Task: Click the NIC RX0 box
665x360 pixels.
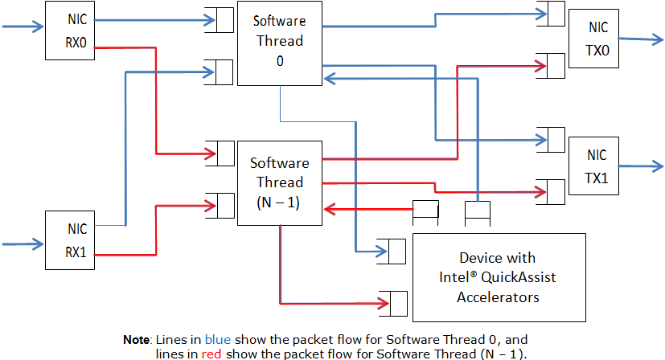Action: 70,30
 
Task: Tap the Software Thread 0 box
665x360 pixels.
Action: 279,42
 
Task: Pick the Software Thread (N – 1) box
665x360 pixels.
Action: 279,182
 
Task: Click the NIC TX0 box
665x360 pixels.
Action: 597,38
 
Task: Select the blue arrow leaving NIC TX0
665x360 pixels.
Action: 644,39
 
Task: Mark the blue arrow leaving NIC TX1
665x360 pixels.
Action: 644,167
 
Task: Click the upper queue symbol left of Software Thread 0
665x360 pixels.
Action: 219,17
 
